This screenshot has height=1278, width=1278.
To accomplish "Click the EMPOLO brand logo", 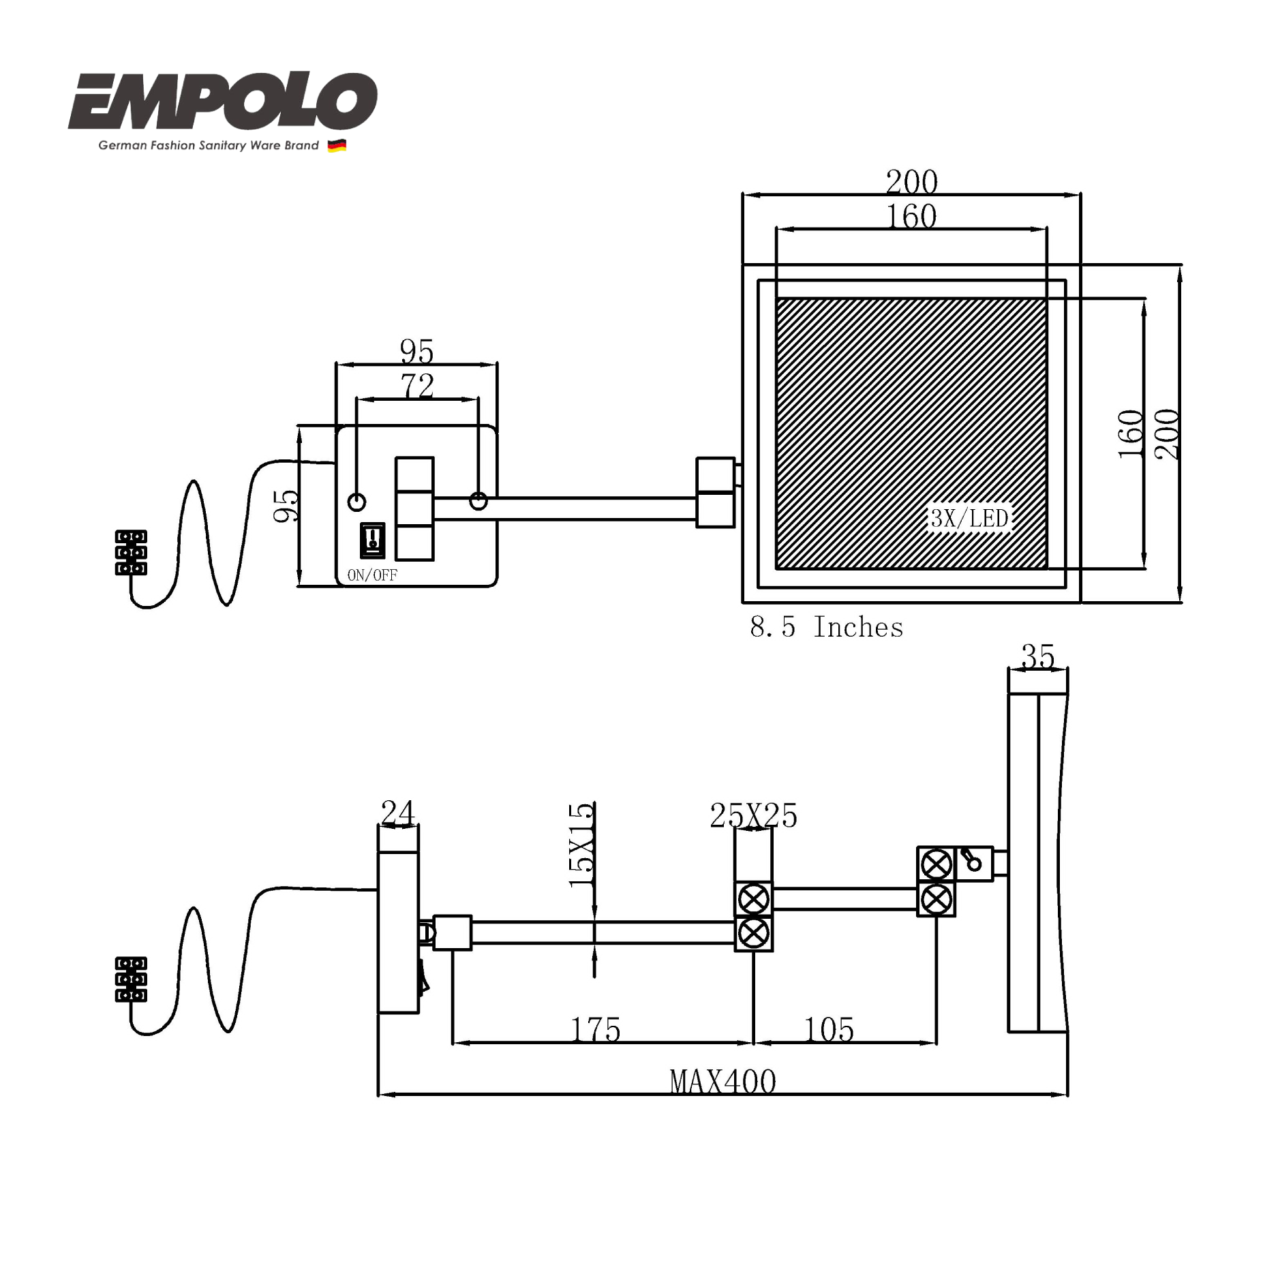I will [x=222, y=102].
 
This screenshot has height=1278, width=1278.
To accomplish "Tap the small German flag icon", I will [x=337, y=145].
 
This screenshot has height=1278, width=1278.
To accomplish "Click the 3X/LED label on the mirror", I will [x=969, y=519].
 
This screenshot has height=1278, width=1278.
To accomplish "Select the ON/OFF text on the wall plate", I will [x=372, y=575].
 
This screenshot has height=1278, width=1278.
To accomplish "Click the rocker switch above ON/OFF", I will [x=372, y=540].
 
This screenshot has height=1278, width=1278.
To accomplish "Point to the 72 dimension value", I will [x=417, y=386].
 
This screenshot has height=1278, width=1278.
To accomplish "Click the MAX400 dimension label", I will [x=722, y=1082].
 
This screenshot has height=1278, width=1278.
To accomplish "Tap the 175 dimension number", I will [x=596, y=1029].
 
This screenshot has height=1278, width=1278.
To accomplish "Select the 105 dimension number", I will [x=829, y=1029].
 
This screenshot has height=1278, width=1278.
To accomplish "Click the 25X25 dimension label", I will [x=753, y=815].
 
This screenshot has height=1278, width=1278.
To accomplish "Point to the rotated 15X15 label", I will [x=581, y=845].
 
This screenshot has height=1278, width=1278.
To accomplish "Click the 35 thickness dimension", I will [x=1037, y=656].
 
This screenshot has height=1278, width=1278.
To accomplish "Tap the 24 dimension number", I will [x=397, y=812].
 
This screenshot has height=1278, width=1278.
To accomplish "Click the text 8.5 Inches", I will [x=826, y=627].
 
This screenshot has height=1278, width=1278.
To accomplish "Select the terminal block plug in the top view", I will [x=131, y=553].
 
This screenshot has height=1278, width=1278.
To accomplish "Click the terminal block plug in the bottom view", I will [x=131, y=979].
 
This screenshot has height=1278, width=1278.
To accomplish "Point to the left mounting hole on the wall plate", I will [x=356, y=502].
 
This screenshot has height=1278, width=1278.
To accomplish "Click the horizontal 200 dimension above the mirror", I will [x=911, y=182].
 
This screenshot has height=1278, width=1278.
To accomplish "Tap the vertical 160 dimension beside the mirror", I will [x=1131, y=434].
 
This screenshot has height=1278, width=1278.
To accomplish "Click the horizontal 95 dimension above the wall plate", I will [x=416, y=352].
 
